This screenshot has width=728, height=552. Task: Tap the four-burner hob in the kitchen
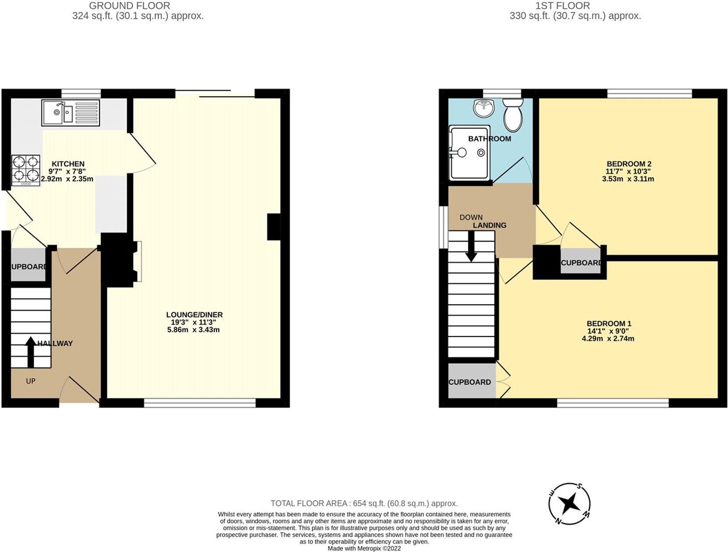[x=26, y=170]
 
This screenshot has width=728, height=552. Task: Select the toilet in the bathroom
[x=513, y=115]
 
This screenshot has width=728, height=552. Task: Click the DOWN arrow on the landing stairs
[x=471, y=246]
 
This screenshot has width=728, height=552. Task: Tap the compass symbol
[x=569, y=503]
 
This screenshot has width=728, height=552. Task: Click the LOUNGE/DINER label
[x=194, y=315]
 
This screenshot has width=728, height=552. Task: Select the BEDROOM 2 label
[x=628, y=164]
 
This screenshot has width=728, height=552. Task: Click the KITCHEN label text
[x=68, y=164]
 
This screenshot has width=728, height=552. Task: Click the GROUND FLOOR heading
[x=129, y=6]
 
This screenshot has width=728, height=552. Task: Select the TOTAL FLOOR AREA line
[x=364, y=503]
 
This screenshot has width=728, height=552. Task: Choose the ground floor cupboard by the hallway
[x=28, y=265]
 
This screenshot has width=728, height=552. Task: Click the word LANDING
[x=490, y=225]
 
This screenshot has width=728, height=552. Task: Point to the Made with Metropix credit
[x=364, y=548]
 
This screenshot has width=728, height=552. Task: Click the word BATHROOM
[x=489, y=139]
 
